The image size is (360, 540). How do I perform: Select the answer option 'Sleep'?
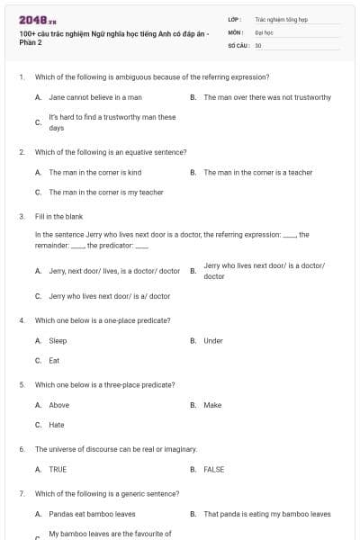[x=58, y=341]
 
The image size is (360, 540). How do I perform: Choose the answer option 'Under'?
[x=213, y=341]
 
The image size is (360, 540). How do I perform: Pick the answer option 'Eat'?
[x=54, y=361]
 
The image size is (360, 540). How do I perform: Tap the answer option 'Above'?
[x=58, y=405]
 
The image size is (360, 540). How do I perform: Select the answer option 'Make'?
[x=212, y=405]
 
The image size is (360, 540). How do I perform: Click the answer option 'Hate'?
[x=57, y=425]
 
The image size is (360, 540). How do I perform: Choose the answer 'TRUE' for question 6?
[x=58, y=469]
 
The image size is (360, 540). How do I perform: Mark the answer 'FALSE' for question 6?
[x=214, y=469]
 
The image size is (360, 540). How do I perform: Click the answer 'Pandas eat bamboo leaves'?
[x=92, y=514]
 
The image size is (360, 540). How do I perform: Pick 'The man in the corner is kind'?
[x=94, y=172]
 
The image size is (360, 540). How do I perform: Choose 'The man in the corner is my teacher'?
[x=106, y=192]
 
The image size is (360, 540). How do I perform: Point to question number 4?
[x=22, y=320]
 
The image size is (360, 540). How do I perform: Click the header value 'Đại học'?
[x=264, y=31]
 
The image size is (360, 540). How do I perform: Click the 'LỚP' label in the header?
[x=234, y=18]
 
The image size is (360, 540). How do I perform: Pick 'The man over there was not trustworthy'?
[x=267, y=97]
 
